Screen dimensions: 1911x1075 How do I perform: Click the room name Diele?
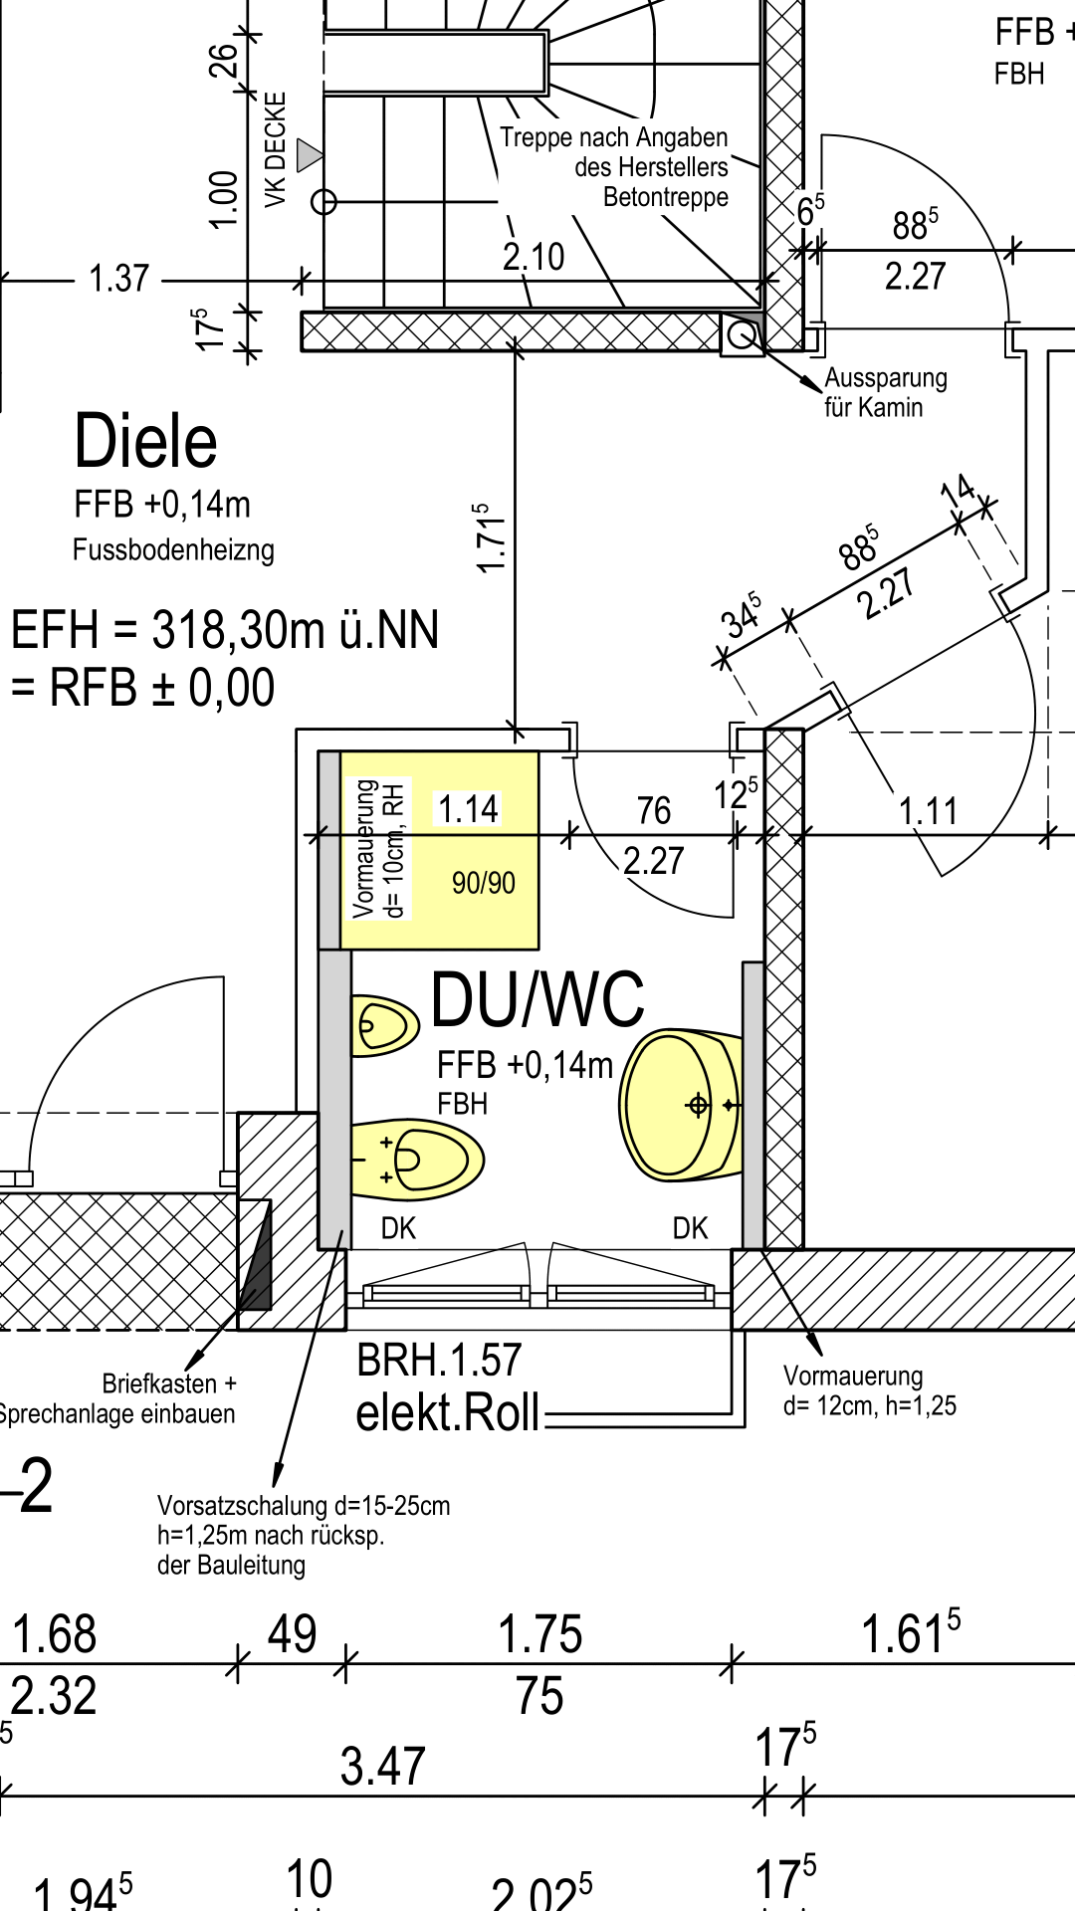tap(145, 442)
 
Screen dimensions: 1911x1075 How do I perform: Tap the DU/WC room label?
tap(537, 999)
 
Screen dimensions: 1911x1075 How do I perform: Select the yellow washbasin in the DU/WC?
tap(681, 1105)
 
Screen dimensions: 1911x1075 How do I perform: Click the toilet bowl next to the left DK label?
tap(418, 1160)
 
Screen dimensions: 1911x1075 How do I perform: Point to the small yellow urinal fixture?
tap(384, 1024)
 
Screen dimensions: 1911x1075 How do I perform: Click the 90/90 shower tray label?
tap(484, 883)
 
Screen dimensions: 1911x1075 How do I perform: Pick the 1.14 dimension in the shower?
tap(468, 809)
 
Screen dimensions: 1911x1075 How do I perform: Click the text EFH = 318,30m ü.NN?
tap(225, 630)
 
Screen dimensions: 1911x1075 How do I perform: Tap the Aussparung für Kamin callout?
tap(885, 392)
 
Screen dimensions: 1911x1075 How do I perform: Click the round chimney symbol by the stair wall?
tap(741, 335)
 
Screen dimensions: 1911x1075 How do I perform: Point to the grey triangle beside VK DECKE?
tap(310, 154)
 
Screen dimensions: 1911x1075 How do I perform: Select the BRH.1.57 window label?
tap(439, 1361)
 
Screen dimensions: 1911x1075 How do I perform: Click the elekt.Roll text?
tap(448, 1413)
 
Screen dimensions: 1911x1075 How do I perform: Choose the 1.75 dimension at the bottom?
tap(539, 1634)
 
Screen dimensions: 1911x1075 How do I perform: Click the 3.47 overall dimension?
tap(382, 1767)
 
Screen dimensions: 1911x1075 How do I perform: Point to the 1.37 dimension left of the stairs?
tap(118, 279)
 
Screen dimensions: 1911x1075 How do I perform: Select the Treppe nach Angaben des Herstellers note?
tap(637, 166)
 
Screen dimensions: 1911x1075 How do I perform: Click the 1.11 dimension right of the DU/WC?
tap(928, 811)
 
